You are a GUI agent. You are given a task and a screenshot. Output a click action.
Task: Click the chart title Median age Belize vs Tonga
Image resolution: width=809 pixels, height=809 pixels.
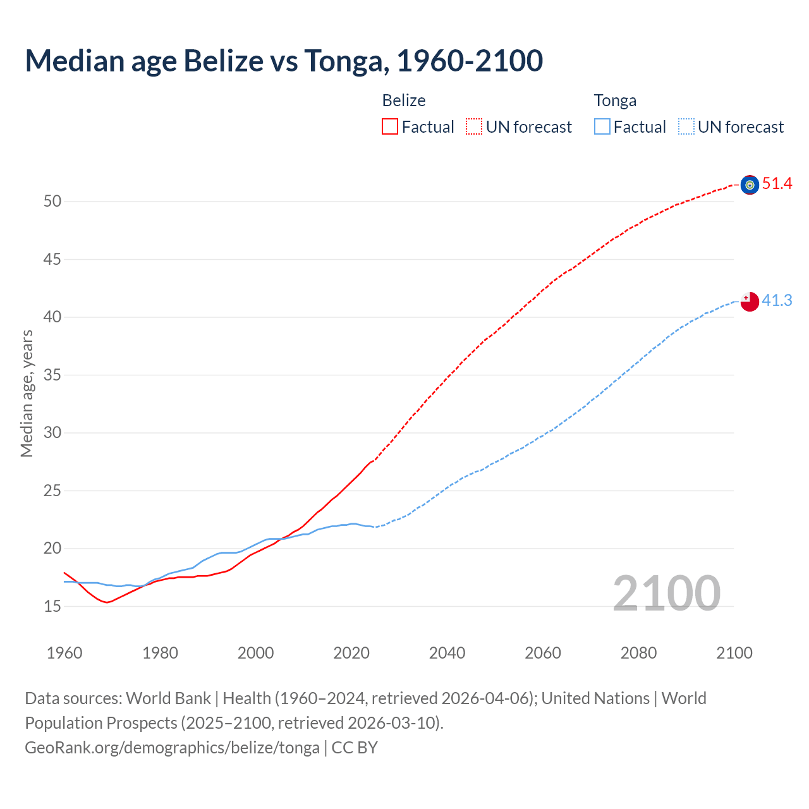click(284, 61)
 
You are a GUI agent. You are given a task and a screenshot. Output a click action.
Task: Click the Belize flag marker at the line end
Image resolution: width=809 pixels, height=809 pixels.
click(750, 185)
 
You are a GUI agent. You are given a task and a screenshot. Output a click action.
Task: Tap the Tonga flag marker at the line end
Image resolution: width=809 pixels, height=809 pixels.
click(750, 301)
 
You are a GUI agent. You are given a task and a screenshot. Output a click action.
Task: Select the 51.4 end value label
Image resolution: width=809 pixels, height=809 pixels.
click(777, 184)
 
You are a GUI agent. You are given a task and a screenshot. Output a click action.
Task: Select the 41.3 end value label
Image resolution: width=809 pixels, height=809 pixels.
click(777, 300)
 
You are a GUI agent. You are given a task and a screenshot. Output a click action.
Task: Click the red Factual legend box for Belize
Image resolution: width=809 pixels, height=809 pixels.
click(390, 127)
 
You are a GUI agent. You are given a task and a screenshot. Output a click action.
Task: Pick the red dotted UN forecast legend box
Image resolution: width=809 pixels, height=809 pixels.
click(474, 127)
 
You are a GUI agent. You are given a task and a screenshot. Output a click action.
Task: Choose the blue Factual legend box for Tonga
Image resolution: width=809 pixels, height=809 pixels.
click(602, 127)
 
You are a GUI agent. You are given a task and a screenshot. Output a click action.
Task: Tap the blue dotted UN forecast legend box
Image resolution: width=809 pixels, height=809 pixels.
click(686, 127)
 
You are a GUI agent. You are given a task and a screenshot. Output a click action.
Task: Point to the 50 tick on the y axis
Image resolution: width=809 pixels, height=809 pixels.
click(52, 202)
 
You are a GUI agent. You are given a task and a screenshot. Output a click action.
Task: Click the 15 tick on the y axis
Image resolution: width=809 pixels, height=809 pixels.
click(52, 606)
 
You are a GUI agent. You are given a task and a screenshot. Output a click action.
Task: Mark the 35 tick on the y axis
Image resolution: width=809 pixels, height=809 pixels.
click(52, 375)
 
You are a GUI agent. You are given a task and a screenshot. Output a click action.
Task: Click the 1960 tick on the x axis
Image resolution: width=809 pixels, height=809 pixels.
click(64, 653)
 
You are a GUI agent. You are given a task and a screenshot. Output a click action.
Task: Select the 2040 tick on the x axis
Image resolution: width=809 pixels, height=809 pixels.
click(447, 653)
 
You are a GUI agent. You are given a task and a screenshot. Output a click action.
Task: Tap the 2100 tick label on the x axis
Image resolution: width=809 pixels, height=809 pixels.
click(734, 653)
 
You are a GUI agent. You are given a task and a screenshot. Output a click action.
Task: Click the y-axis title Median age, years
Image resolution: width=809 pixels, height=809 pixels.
click(27, 393)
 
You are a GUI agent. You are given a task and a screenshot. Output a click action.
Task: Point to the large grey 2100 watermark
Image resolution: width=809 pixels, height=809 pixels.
click(666, 593)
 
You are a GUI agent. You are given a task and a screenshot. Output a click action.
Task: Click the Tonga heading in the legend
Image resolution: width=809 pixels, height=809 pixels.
click(615, 100)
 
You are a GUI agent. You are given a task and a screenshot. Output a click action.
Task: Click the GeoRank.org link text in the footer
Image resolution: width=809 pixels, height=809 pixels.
click(172, 748)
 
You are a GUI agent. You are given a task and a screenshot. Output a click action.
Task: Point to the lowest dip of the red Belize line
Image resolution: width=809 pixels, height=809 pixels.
click(107, 602)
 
